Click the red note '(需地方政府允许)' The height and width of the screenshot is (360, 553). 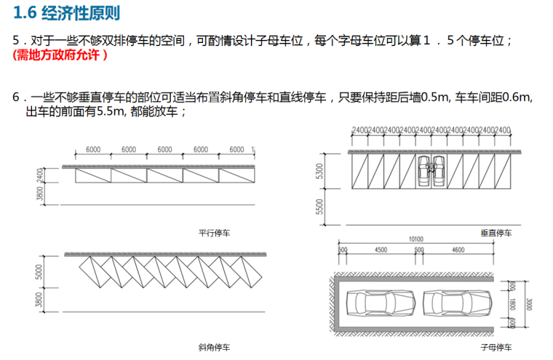coord(60,55)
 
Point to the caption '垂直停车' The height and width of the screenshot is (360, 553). coord(497,233)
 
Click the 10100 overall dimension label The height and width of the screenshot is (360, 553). coord(416,239)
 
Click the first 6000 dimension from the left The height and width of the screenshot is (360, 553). coord(93,149)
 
